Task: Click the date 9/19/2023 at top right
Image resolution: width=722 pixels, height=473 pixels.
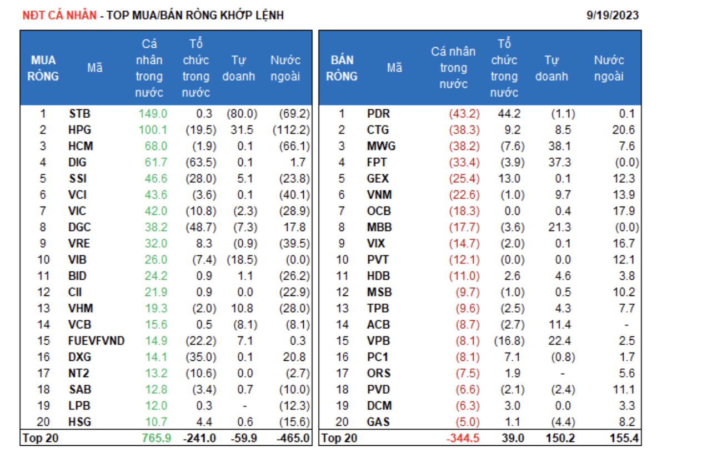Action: pyautogui.click(x=612, y=16)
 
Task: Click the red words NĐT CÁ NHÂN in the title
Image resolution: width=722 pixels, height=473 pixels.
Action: pyautogui.click(x=59, y=16)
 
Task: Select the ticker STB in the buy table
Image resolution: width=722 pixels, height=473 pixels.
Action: pyautogui.click(x=79, y=114)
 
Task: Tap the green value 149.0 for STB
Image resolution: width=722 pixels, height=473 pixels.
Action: pyautogui.click(x=153, y=114)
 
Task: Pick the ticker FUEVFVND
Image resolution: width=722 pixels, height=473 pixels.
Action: pyautogui.click(x=96, y=341)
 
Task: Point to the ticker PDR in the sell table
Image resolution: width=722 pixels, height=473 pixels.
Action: pyautogui.click(x=379, y=114)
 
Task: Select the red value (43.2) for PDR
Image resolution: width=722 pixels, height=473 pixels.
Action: pyautogui.click(x=464, y=114)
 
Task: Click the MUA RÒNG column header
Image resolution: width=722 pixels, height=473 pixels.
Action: pyautogui.click(x=43, y=68)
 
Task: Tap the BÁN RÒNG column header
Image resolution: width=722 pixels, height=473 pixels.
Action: pyautogui.click(x=342, y=68)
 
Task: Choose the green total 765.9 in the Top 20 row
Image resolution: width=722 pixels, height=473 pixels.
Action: pyautogui.click(x=157, y=438)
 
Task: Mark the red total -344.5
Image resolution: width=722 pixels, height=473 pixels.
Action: pyautogui.click(x=463, y=438)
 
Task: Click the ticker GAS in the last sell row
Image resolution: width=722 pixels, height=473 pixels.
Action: pyautogui.click(x=378, y=422)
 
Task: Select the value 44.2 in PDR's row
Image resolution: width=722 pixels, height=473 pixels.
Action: pyautogui.click(x=508, y=114)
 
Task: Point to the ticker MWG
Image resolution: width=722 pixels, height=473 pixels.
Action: pyautogui.click(x=380, y=146)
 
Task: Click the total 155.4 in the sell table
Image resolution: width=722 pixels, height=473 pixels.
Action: pyautogui.click(x=624, y=438)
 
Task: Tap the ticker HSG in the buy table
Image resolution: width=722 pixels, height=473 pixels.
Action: pyautogui.click(x=80, y=422)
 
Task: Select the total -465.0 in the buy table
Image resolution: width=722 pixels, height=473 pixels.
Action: pyautogui.click(x=293, y=438)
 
